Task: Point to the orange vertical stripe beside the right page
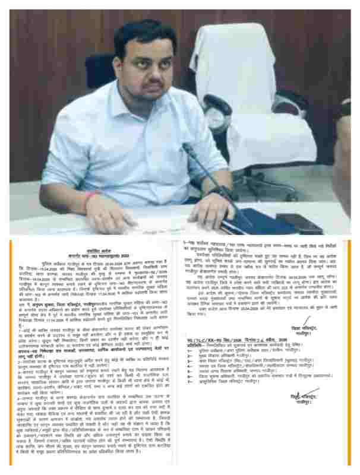click(x=349, y=350)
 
